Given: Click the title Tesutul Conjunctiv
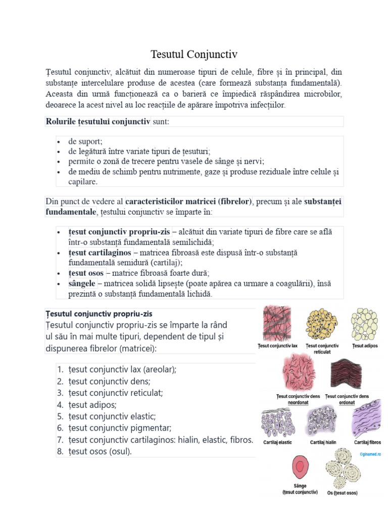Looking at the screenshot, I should [194, 54].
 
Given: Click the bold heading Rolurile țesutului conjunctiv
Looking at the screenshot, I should [98, 121].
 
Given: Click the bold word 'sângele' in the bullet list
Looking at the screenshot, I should [82, 283].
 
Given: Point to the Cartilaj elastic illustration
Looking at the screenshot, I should [277, 420].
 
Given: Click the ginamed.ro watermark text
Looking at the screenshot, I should [370, 453].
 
